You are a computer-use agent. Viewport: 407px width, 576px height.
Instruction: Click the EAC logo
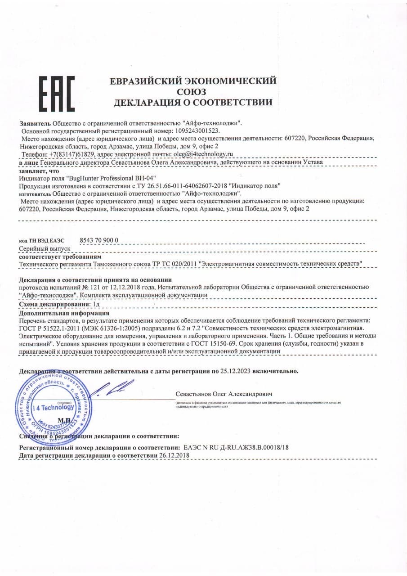coord(56,94)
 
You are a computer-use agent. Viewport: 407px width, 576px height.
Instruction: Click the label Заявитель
coord(35,123)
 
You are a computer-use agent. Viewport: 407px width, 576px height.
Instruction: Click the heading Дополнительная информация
coord(64,313)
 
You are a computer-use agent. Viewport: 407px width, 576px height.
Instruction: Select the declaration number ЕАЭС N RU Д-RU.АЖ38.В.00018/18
coord(237,448)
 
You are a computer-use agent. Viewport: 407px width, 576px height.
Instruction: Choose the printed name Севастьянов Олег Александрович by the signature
coord(224,394)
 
